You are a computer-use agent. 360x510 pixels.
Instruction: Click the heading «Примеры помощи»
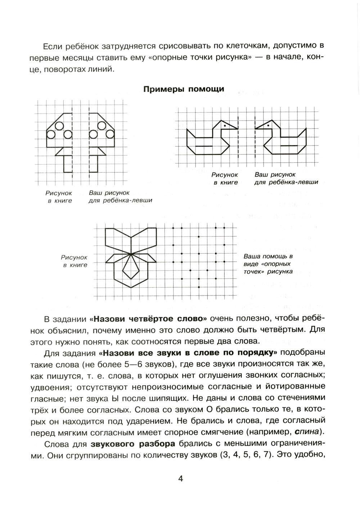point(184,89)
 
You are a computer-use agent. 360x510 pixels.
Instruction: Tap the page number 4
point(181,479)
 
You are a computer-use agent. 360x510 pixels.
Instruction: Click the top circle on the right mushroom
point(102,126)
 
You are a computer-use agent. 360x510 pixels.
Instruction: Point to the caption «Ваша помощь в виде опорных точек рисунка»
point(268,264)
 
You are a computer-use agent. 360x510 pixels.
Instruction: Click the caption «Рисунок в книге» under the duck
point(225,179)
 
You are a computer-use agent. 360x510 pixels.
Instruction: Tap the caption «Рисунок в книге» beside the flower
point(75,261)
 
